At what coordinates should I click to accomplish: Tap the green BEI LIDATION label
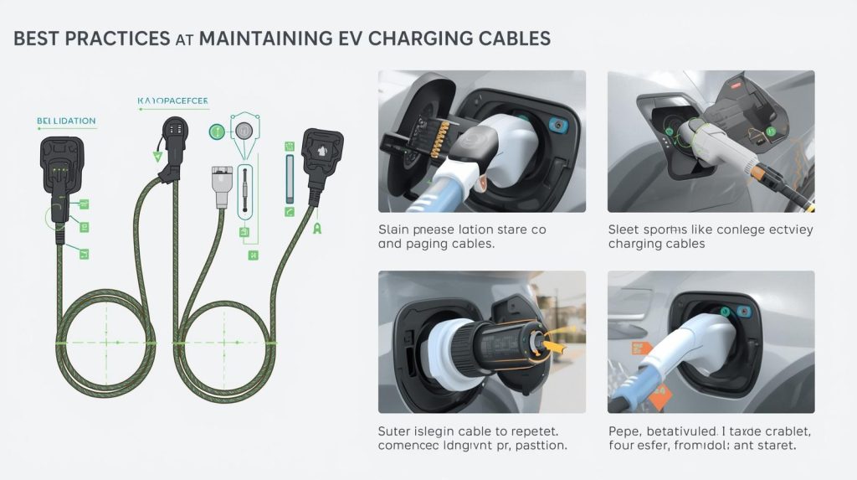66,121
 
